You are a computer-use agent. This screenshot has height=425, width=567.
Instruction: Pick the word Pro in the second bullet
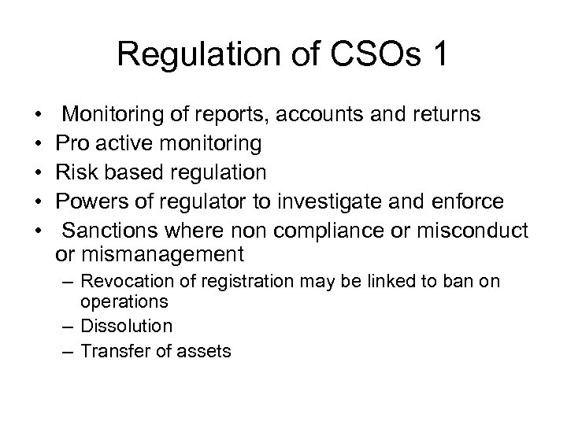(74, 143)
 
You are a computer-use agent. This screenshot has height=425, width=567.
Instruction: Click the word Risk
(79, 172)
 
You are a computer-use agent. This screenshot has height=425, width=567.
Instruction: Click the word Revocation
(124, 282)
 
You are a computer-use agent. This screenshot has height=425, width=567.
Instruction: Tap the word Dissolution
(127, 326)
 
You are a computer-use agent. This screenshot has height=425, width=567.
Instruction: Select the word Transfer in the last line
(113, 351)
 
